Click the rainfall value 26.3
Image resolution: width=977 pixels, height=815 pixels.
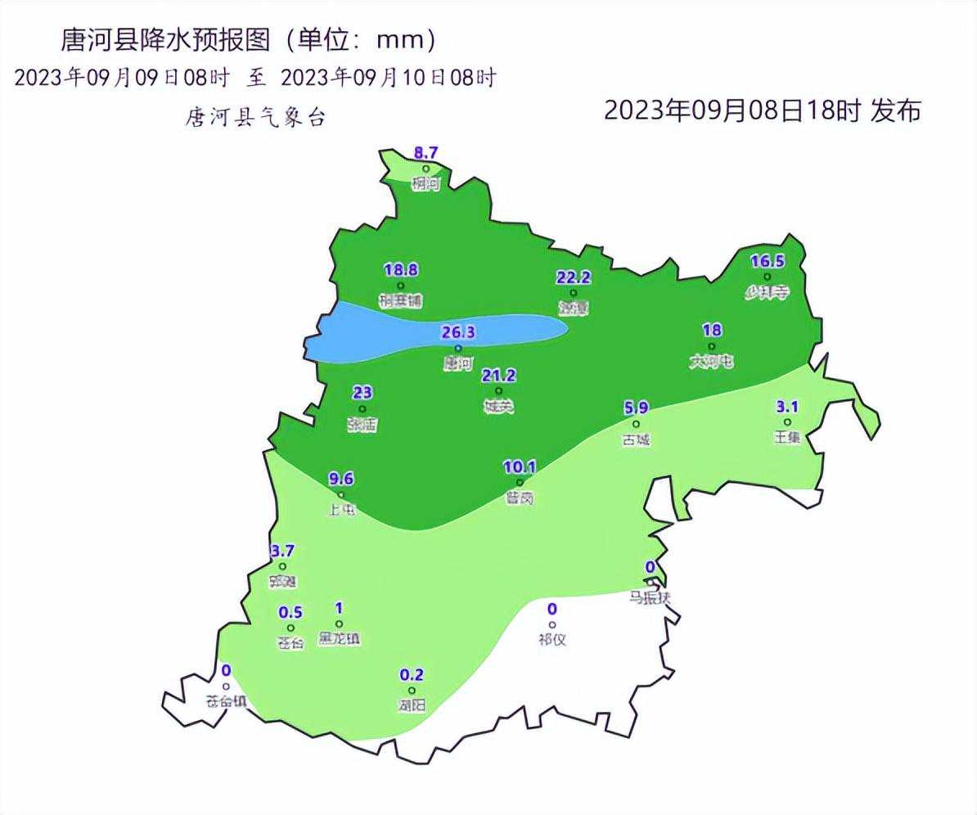coord(458,332)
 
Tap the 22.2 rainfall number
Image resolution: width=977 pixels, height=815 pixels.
coord(574,277)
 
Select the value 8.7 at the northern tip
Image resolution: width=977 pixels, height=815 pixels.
coord(426,153)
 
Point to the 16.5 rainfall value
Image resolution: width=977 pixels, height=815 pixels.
coord(768,262)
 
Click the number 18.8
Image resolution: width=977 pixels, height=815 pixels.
coord(401,270)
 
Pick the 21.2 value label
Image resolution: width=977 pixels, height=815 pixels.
coord(499,376)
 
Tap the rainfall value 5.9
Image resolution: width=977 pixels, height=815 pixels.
coord(636,407)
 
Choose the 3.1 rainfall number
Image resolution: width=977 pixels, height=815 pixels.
coord(787,407)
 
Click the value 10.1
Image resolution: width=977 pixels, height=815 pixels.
coord(520,467)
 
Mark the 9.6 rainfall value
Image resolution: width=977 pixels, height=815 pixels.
coord(340,480)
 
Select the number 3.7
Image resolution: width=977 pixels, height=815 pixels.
coord(282,551)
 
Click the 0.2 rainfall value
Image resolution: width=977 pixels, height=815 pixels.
coord(412,675)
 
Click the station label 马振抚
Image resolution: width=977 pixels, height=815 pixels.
coord(650,597)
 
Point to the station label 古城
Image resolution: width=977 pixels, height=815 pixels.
coord(636,440)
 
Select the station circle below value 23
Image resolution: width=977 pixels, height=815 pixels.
coord(362,409)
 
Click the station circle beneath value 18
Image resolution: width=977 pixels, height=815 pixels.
coord(712,346)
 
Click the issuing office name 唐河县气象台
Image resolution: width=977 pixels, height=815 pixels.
coord(256,118)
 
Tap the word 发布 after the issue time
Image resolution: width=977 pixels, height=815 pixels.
coord(896,110)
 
